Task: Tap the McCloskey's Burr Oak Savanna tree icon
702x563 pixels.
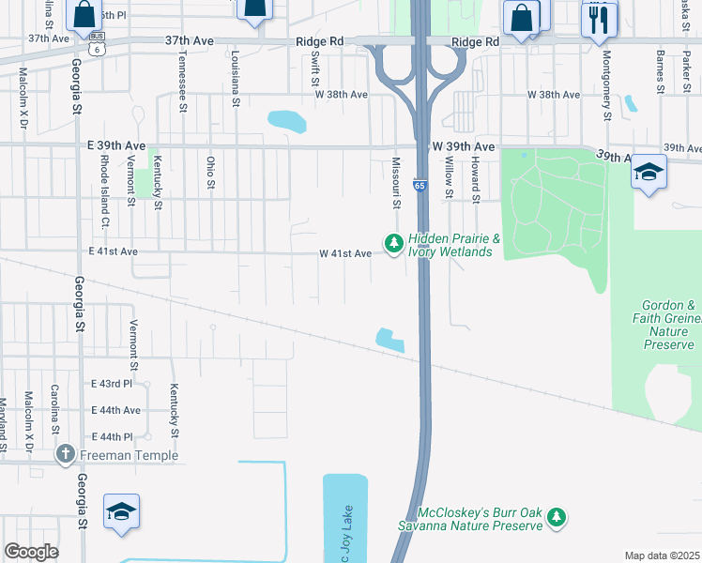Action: point(557,516)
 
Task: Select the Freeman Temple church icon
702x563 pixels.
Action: point(65,456)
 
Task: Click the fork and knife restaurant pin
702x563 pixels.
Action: point(599,19)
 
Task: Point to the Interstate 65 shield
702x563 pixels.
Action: point(420,186)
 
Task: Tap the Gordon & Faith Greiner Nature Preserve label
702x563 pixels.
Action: point(669,325)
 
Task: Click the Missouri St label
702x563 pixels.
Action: point(396,184)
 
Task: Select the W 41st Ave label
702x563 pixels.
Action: point(345,253)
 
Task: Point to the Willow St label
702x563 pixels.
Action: point(450,178)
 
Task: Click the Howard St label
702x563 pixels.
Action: point(476,180)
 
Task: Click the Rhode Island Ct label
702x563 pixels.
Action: point(104,192)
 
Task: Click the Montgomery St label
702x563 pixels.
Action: point(607,85)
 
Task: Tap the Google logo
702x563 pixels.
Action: point(31,552)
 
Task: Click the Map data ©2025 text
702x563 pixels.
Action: point(661,555)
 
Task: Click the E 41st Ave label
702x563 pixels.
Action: point(113,251)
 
